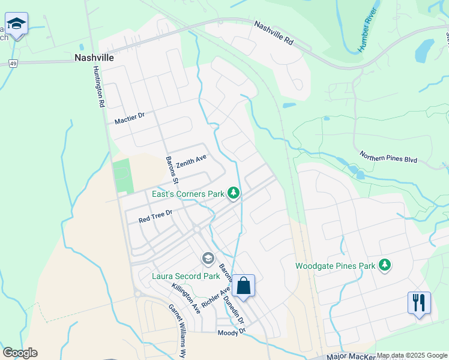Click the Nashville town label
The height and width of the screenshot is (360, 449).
pos(94,58)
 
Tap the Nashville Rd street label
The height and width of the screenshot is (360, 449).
pos(273,34)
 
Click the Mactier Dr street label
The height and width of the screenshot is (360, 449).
pos(130,118)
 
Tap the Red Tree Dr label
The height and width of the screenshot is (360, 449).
pos(155,216)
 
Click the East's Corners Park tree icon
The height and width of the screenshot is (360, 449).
pos(234,193)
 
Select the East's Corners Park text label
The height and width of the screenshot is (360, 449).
pos(187,194)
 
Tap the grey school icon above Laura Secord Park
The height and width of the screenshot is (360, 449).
pos(208,259)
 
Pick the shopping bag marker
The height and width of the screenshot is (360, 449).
pos(244,286)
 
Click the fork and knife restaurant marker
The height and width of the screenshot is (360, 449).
pos(419,302)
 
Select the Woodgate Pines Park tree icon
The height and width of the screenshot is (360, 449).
pos(384,265)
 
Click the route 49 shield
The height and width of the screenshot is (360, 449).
pos(13,62)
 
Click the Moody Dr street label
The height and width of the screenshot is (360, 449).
pos(232,332)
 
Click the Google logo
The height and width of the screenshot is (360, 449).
pos(20,353)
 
